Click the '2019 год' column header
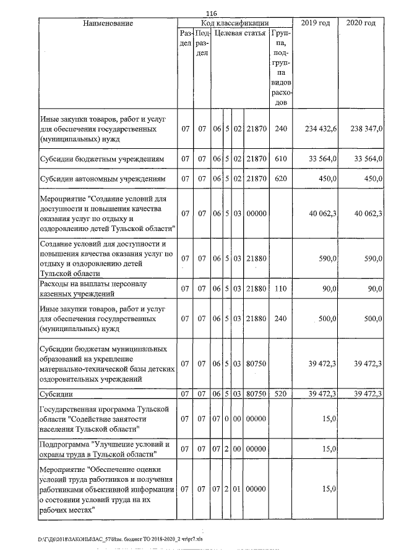tap(315, 23)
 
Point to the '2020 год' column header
tap(361, 23)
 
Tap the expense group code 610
tap(281, 159)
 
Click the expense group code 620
tap(281, 179)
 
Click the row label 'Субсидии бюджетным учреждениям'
tap(101, 159)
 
